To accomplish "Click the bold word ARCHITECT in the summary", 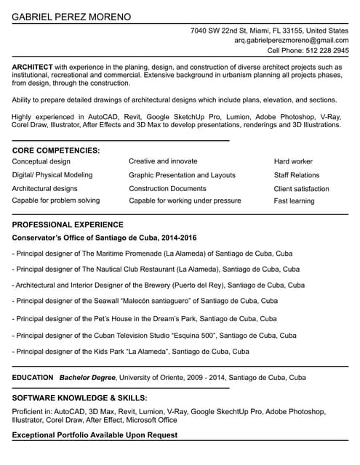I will (32, 67).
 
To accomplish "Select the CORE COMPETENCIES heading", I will (56, 150).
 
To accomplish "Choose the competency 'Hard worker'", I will (293, 161).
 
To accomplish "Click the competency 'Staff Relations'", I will (296, 175).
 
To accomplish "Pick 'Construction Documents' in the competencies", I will (167, 188).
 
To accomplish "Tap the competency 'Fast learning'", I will (294, 201).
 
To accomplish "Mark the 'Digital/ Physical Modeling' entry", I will (52, 175).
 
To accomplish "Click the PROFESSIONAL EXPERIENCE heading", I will (68, 225).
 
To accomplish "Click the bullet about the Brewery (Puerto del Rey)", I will (158, 286).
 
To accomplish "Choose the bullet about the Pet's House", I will (144, 318).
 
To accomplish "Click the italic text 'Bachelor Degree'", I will (87, 378).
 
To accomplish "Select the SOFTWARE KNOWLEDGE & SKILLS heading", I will (79, 398).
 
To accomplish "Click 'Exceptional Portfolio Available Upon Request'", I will (95, 435).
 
